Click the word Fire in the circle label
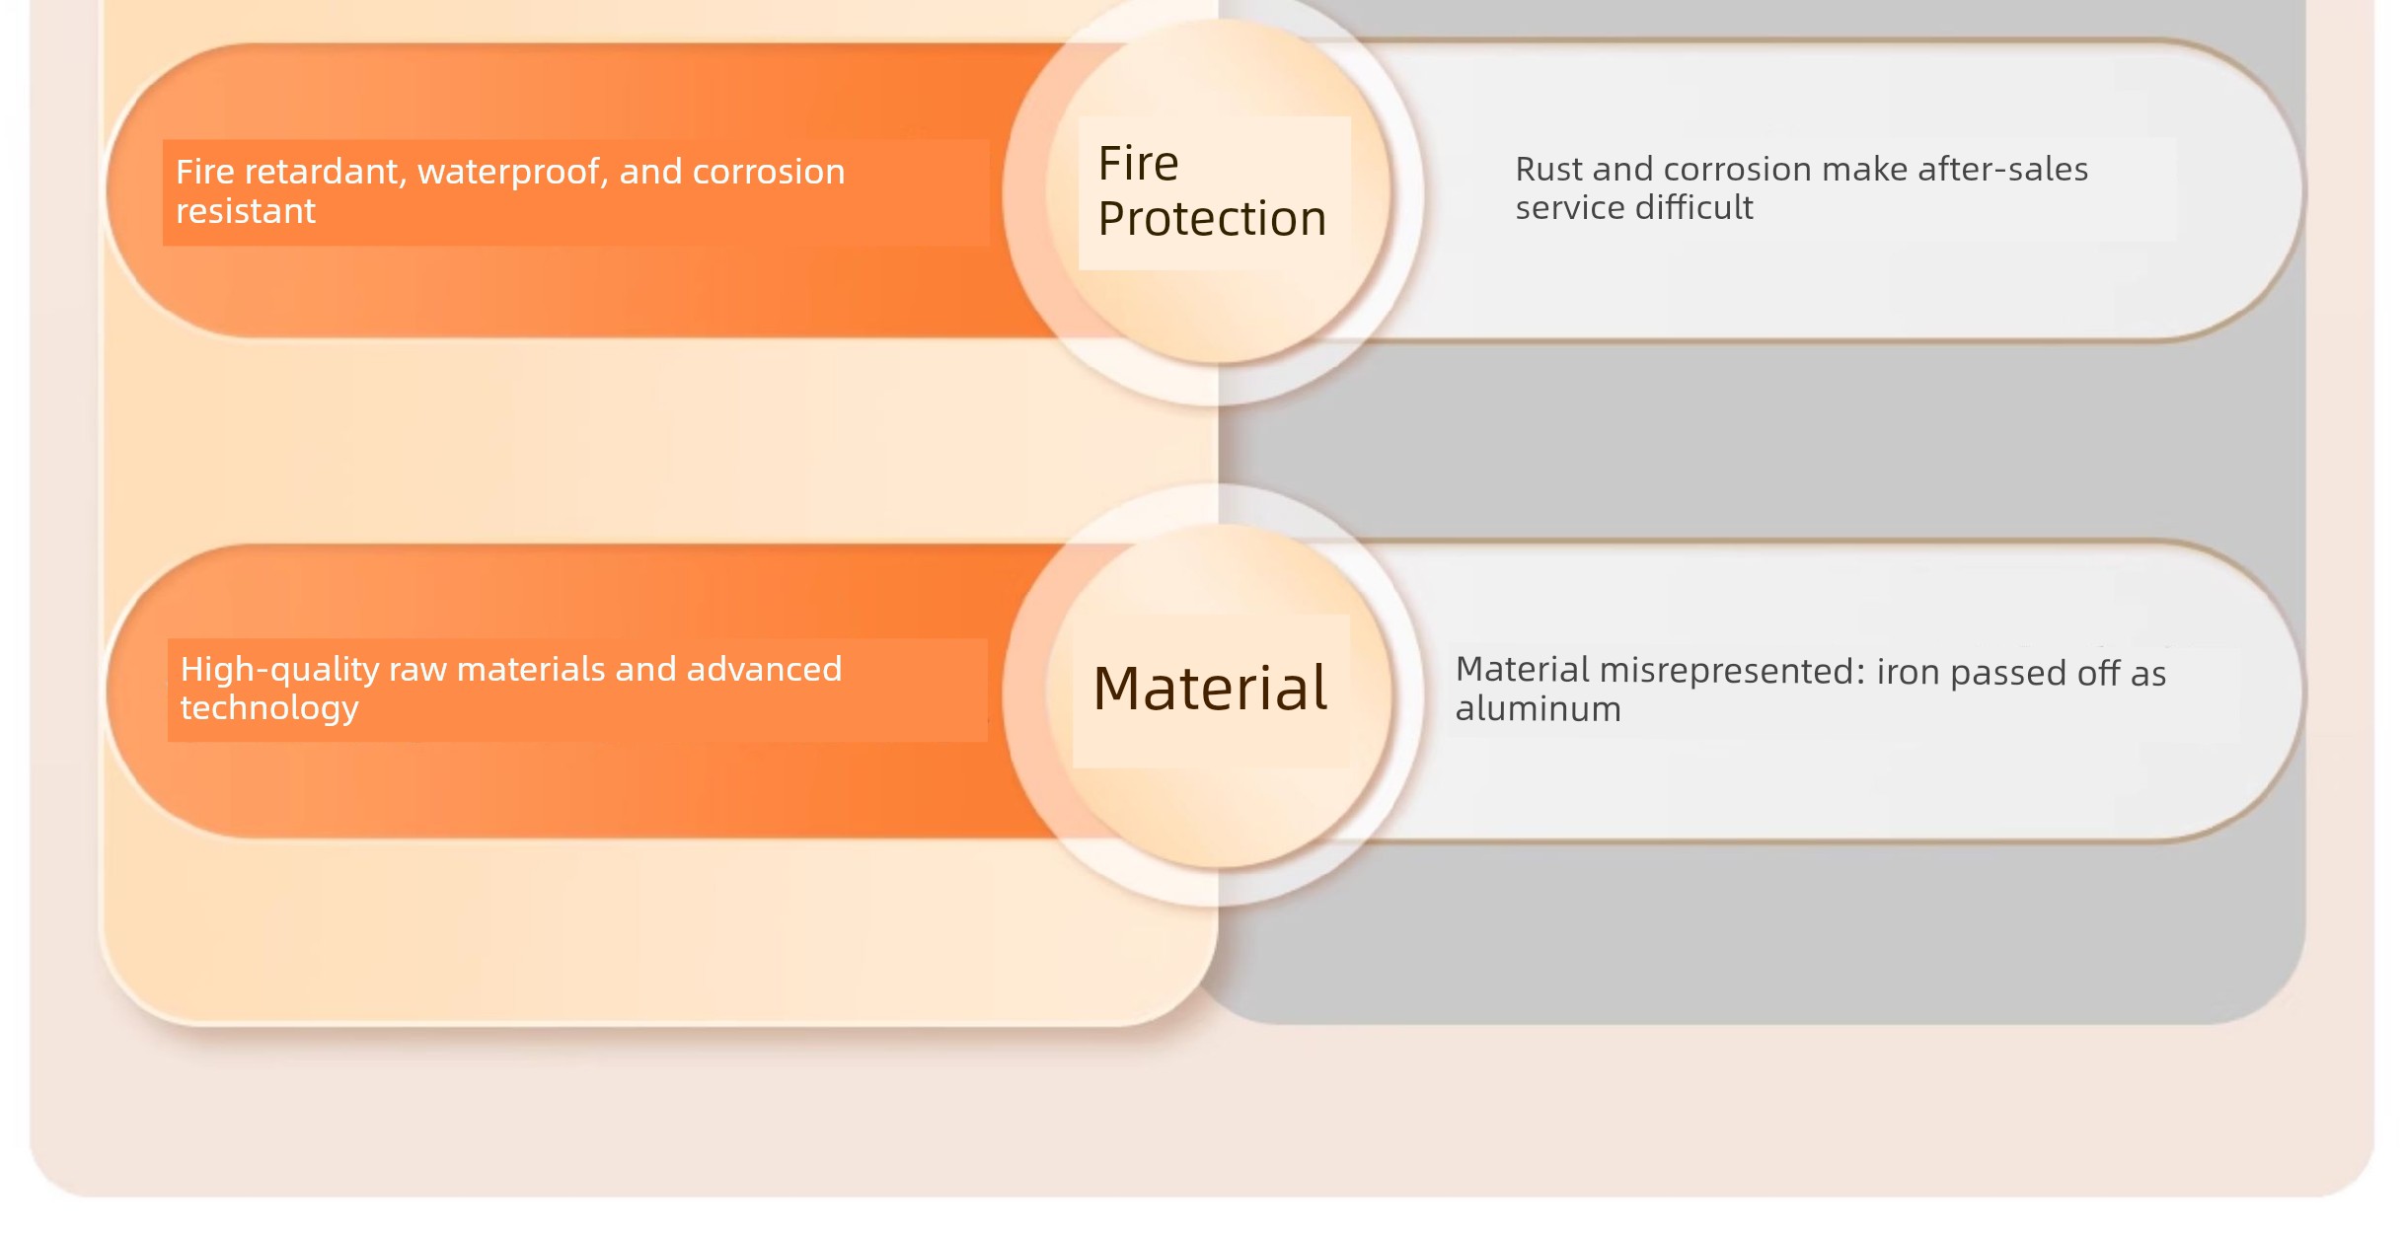pyautogui.click(x=1138, y=163)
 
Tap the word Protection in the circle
pyautogui.click(x=1212, y=219)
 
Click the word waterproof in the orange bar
pyautogui.click(x=512, y=173)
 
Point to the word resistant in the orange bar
pyautogui.click(x=246, y=211)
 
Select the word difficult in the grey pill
pyautogui.click(x=1693, y=208)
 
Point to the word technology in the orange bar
pyautogui.click(x=269, y=709)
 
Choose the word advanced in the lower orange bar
pyautogui.click(x=764, y=670)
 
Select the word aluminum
pyautogui.click(x=1538, y=709)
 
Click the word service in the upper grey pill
pyautogui.click(x=1570, y=208)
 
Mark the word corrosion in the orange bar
pyautogui.click(x=768, y=173)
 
